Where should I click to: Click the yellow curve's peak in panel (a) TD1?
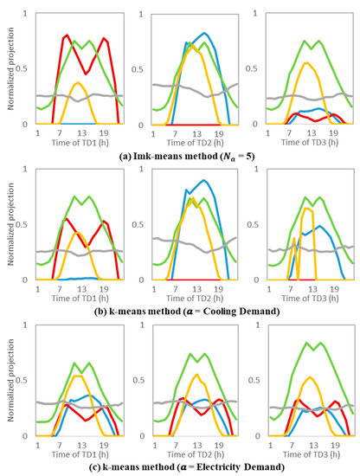(78, 83)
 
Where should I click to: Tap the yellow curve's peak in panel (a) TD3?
(304, 62)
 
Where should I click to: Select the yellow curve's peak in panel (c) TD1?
(78, 376)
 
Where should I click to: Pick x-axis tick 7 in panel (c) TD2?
(173, 443)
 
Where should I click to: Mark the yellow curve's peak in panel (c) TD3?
(304, 377)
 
